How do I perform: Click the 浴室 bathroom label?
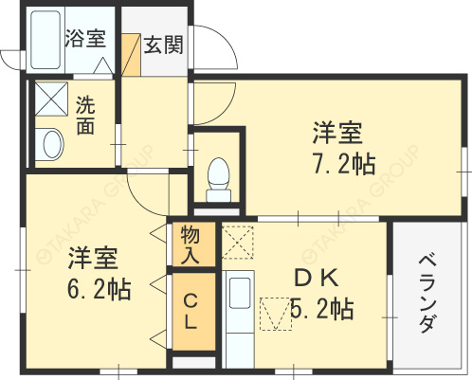84,39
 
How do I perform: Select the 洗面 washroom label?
85,115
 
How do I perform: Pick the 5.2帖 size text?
321,309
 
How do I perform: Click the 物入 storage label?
190,245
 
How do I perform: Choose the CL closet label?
190,312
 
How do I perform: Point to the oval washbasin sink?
51,145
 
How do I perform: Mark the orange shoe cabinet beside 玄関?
131,58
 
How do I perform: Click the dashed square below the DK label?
275,313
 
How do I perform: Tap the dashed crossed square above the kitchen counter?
238,243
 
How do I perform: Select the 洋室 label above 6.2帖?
92,257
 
